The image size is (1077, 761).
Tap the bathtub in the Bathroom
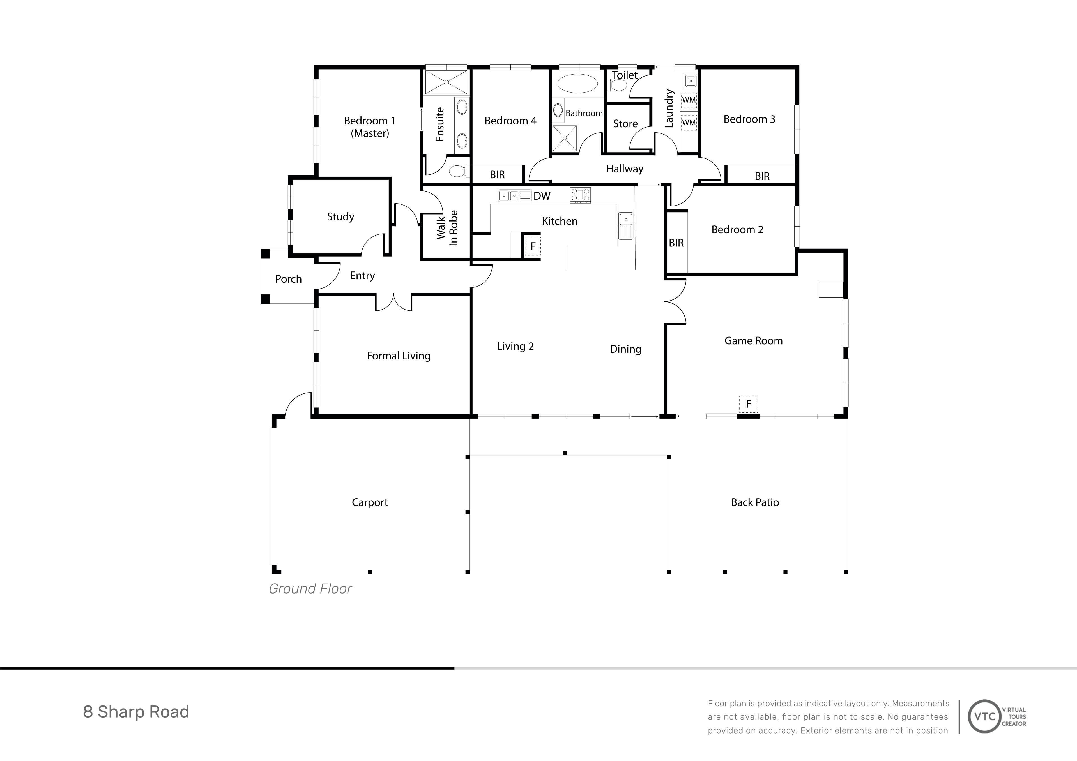tap(577, 84)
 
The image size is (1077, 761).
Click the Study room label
tap(340, 217)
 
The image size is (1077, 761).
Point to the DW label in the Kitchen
tap(542, 196)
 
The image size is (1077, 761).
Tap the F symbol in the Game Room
tap(748, 404)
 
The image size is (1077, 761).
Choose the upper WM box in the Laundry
tap(689, 100)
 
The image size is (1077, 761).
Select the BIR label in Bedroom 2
tap(676, 243)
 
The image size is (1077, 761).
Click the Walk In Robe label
tap(447, 228)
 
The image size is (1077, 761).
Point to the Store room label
tap(625, 124)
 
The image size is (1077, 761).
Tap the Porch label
tap(288, 279)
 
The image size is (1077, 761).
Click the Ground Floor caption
tap(310, 589)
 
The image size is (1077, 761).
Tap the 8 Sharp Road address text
tap(136, 712)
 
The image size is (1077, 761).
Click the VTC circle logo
tap(985, 716)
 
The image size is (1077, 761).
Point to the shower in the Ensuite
tap(446, 82)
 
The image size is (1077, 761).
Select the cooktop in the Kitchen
tap(580, 195)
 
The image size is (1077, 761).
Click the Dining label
tap(625, 349)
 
